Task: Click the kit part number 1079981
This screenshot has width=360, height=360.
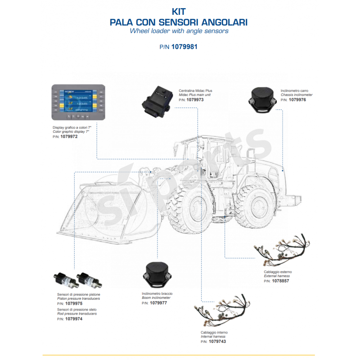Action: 185,46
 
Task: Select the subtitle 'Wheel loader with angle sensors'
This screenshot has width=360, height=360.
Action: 179,31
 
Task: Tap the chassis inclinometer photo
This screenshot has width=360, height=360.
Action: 261,99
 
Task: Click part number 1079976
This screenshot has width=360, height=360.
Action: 297,100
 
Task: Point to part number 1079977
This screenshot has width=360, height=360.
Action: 158,303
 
